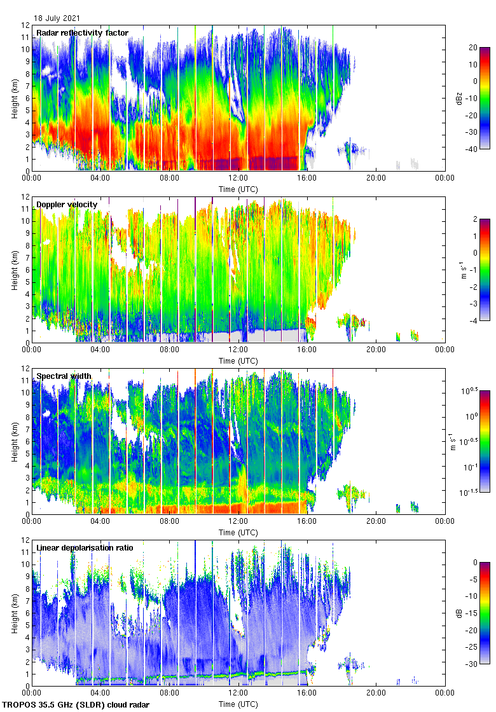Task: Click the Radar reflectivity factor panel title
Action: point(82,33)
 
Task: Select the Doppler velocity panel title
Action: point(67,204)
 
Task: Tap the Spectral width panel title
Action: point(64,376)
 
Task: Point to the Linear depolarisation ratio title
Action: point(85,547)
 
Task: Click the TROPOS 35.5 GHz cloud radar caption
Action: point(77,705)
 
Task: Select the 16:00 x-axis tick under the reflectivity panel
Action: point(307,179)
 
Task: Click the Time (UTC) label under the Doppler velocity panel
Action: point(238,360)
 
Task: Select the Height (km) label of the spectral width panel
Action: point(14,441)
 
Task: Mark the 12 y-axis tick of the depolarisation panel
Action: point(26,540)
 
